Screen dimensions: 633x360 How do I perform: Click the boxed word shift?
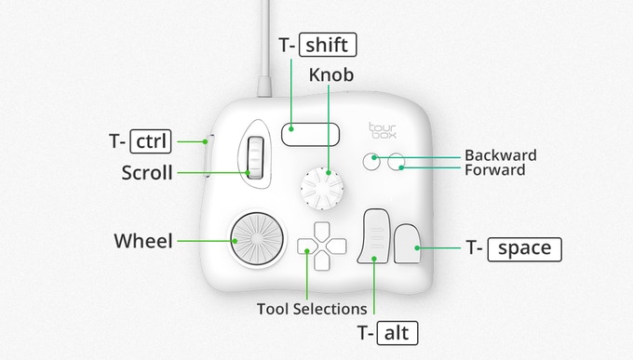(328, 45)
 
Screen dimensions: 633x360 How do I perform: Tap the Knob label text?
(331, 75)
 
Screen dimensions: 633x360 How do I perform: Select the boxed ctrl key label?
(151, 141)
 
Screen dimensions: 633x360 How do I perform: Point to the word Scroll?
(147, 173)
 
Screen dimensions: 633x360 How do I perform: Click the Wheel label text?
(143, 241)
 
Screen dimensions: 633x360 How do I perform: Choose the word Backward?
(501, 155)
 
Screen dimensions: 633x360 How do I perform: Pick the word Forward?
(495, 170)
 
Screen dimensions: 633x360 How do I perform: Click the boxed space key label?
(524, 249)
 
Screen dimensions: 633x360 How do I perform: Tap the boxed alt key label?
(397, 333)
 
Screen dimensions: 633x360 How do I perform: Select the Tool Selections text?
(312, 309)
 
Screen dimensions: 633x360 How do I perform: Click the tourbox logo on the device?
(383, 130)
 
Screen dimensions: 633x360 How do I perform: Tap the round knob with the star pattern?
(322, 189)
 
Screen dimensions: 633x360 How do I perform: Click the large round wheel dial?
(257, 238)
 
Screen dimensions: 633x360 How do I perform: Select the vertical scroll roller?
(255, 157)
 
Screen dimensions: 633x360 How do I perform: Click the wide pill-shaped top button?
(310, 134)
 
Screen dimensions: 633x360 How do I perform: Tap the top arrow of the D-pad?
(322, 230)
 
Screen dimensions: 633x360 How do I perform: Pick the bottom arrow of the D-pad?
(322, 261)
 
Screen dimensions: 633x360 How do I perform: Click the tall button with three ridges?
(374, 236)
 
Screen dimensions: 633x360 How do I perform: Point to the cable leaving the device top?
(264, 47)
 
